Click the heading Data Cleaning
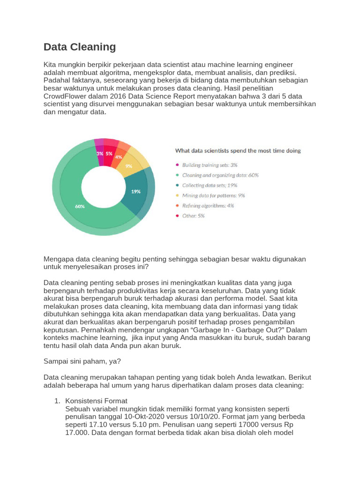(80, 47)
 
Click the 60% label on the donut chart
(80, 206)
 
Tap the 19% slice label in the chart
(135, 191)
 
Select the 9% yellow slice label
(128, 165)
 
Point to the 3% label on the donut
(100, 153)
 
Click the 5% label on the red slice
(109, 153)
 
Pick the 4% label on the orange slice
(119, 157)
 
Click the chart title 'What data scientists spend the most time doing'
(238, 150)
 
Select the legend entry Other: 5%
(193, 216)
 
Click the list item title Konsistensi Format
(96, 401)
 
